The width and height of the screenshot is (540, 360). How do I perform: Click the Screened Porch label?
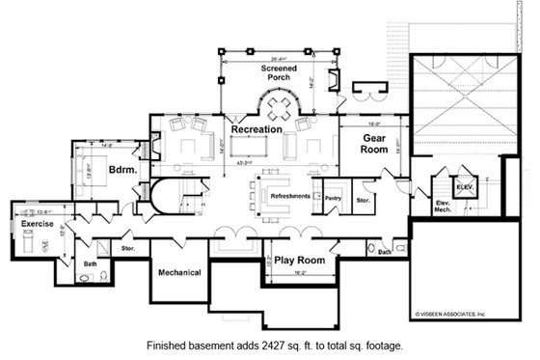(278, 74)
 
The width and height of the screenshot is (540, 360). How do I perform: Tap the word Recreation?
(256, 129)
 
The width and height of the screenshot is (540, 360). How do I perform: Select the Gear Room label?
(373, 145)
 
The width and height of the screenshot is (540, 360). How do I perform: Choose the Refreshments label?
(290, 196)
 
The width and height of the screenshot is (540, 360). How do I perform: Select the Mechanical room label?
(179, 272)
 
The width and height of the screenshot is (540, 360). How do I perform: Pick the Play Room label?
(298, 262)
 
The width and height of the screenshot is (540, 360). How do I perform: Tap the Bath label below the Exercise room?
(90, 263)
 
